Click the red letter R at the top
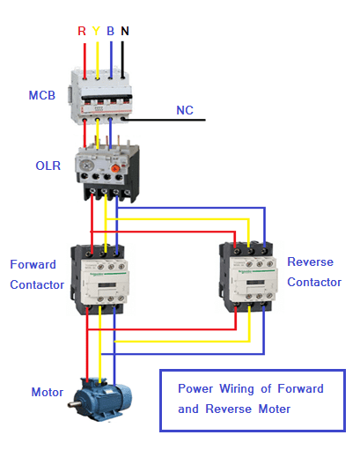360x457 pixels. coord(82,31)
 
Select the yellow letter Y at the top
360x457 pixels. coord(95,31)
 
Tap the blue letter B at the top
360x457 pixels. coord(109,31)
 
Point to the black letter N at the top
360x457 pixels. coord(124,31)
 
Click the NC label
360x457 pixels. coord(185,111)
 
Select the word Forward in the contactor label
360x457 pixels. coord(33,264)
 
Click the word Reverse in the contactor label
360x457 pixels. coord(309,262)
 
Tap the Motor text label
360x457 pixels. coord(47,392)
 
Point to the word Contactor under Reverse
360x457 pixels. coord(314,283)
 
